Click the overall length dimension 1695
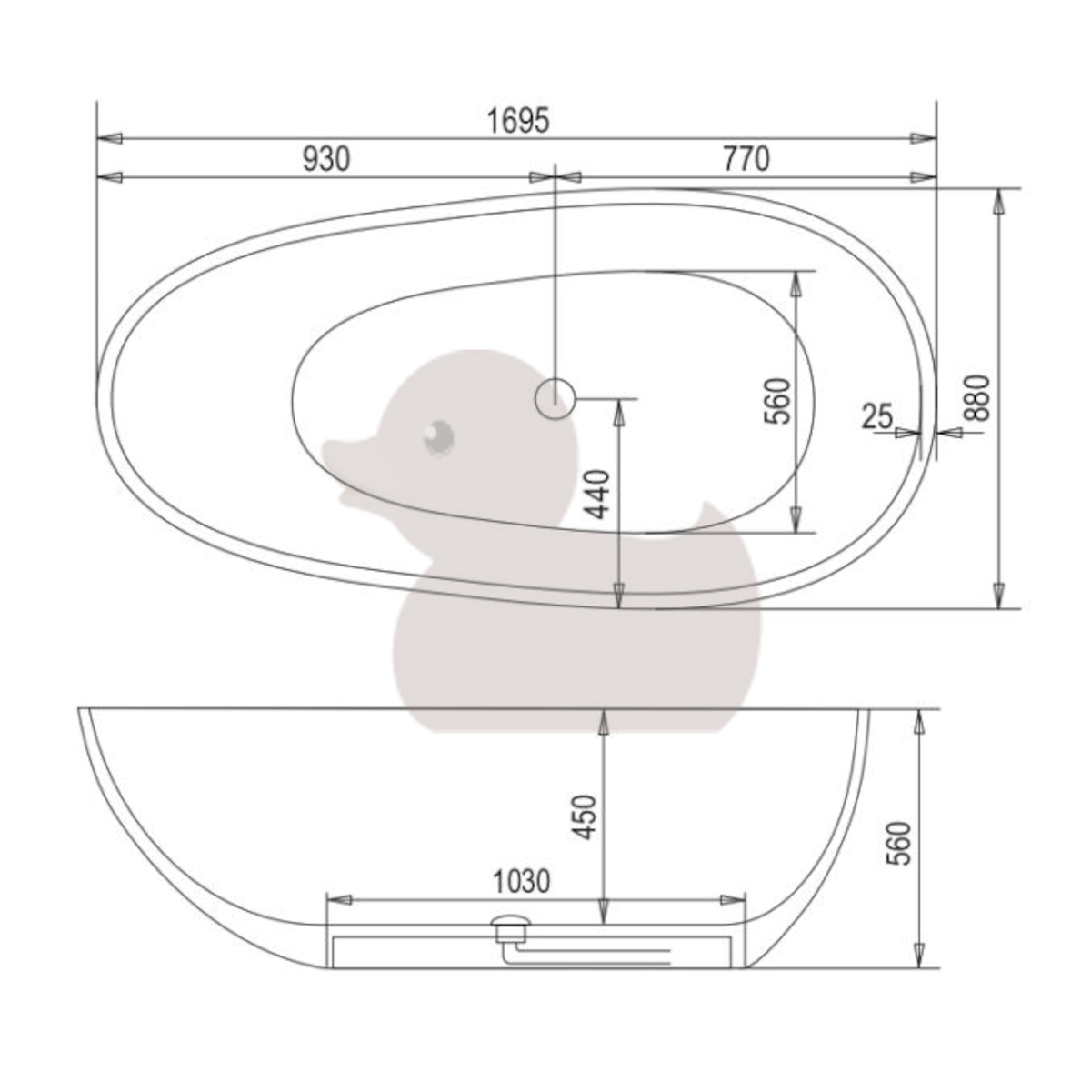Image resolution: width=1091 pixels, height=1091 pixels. pyautogui.click(x=518, y=121)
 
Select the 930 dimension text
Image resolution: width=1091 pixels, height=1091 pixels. pyautogui.click(x=326, y=159)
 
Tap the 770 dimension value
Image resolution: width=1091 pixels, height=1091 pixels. pyautogui.click(x=746, y=159)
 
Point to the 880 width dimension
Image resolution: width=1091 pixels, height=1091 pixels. pyautogui.click(x=977, y=397)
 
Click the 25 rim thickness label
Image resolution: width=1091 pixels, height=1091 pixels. pyautogui.click(x=877, y=416)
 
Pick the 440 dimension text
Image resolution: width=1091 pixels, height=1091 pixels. pyautogui.click(x=596, y=495)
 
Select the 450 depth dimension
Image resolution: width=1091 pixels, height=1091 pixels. pyautogui.click(x=585, y=817)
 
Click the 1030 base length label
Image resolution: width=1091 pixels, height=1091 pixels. pyautogui.click(x=522, y=882)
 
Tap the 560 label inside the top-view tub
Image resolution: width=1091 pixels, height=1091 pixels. pyautogui.click(x=776, y=401)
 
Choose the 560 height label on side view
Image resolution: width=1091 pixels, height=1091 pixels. pyautogui.click(x=898, y=843)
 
